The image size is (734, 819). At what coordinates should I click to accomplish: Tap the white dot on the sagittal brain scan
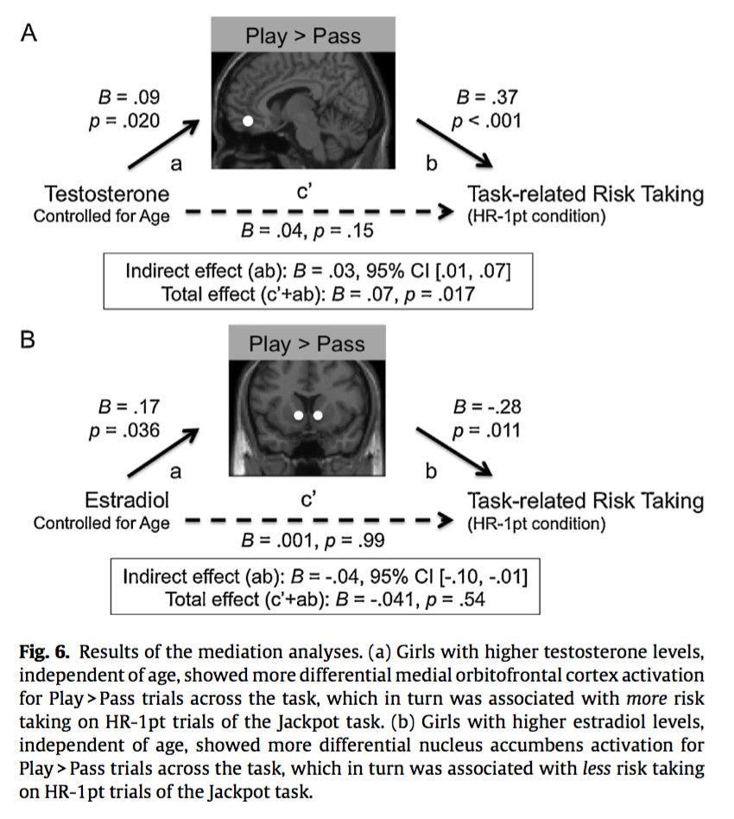(249, 123)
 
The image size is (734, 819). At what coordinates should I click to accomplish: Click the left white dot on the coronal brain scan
(299, 416)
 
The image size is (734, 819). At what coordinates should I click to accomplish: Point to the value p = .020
(125, 120)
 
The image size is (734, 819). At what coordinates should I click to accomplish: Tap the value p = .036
(124, 429)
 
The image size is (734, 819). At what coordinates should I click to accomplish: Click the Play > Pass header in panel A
(303, 36)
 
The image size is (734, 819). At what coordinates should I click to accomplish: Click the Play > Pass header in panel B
(307, 344)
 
